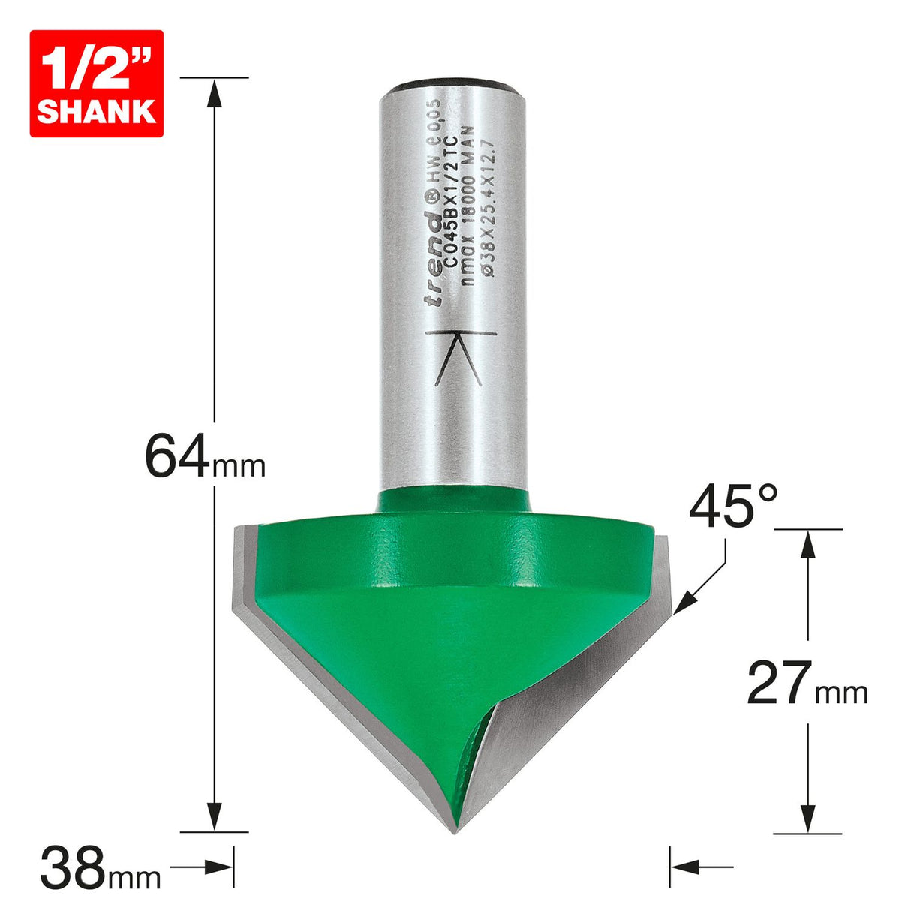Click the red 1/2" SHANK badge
(96, 83)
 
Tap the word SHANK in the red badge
(96, 111)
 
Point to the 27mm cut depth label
(807, 684)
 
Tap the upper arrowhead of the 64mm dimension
(215, 92)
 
